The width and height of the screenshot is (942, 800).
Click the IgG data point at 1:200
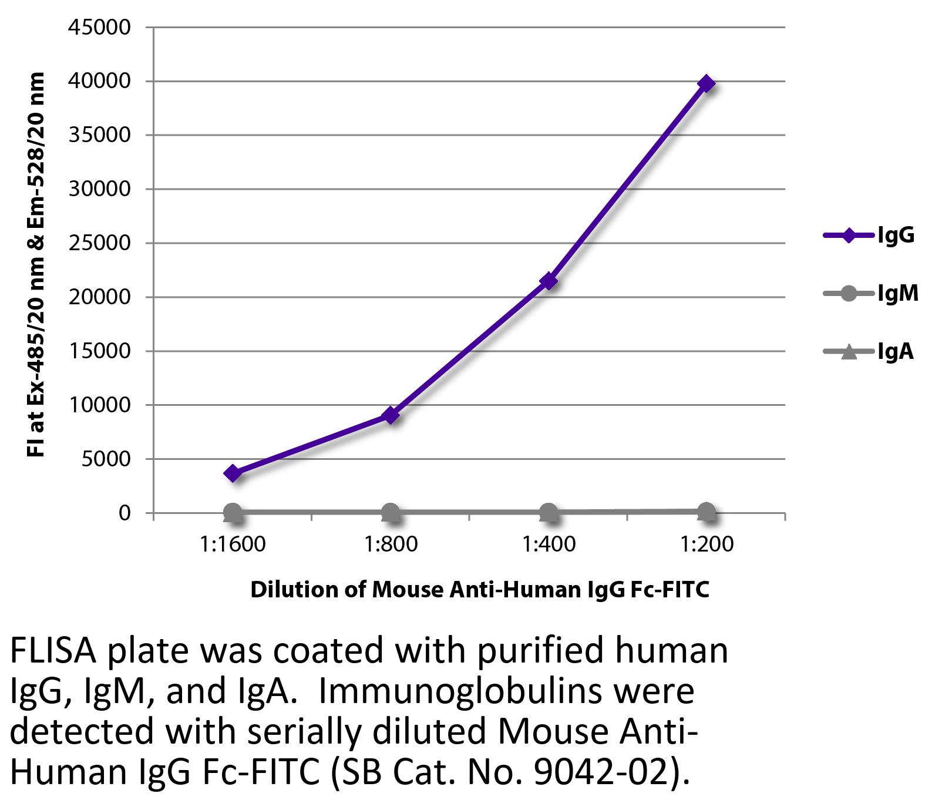(x=706, y=83)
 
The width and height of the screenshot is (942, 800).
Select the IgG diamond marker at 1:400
(x=549, y=281)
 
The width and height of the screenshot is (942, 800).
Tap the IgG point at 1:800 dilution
(x=391, y=415)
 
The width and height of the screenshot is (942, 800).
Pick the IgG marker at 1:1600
(x=233, y=473)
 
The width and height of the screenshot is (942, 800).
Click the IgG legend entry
(x=869, y=236)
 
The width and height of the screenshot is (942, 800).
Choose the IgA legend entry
(x=869, y=352)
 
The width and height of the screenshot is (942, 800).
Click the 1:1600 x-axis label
(x=233, y=544)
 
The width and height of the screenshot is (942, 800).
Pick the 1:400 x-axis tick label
(x=549, y=544)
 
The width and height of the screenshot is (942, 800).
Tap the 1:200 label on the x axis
(x=706, y=544)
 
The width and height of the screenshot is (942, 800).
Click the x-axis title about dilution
(x=480, y=589)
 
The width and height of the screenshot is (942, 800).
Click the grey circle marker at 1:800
(x=391, y=513)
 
